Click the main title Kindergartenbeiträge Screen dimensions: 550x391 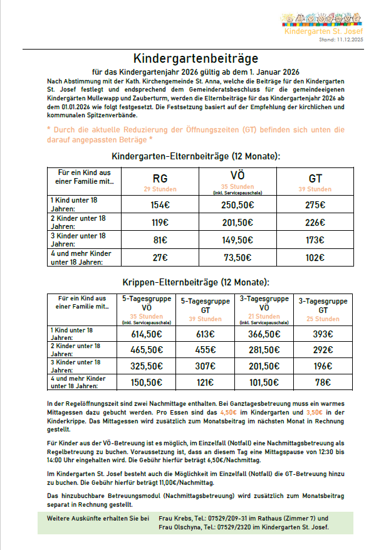(195, 59)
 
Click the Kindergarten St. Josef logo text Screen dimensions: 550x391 (323, 31)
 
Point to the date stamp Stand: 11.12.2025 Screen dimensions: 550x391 (340, 40)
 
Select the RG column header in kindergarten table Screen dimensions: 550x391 (160, 178)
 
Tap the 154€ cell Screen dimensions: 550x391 (160, 204)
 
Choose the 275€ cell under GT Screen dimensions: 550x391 (315, 204)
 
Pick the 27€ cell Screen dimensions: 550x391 (160, 257)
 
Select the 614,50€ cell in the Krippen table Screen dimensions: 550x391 (146, 334)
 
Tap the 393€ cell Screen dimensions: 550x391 (323, 334)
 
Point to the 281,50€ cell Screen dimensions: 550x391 (264, 350)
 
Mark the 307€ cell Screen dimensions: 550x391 (205, 366)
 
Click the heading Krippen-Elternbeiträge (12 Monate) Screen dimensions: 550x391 (195, 282)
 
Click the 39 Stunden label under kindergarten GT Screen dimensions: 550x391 (315, 189)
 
